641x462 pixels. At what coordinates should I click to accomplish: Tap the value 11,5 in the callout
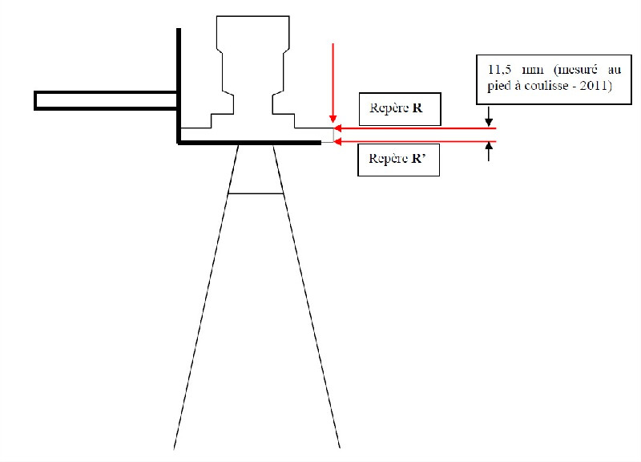(x=499, y=70)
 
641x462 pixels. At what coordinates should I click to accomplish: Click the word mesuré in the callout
(x=575, y=70)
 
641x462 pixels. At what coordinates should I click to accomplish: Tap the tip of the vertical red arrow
(x=333, y=122)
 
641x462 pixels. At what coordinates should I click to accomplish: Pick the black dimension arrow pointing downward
(x=489, y=116)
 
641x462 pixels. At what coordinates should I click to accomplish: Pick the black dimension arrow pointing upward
(x=489, y=152)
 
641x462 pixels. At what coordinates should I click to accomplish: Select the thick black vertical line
(x=179, y=86)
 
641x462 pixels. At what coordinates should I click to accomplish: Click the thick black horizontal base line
(x=249, y=143)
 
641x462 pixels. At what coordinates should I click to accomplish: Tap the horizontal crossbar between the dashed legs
(x=256, y=193)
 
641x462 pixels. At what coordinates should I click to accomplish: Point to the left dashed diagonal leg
(x=206, y=297)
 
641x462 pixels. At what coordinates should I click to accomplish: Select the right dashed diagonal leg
(x=307, y=297)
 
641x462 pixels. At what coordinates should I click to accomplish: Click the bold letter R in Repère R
(x=417, y=108)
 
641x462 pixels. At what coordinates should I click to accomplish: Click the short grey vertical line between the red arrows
(x=333, y=136)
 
